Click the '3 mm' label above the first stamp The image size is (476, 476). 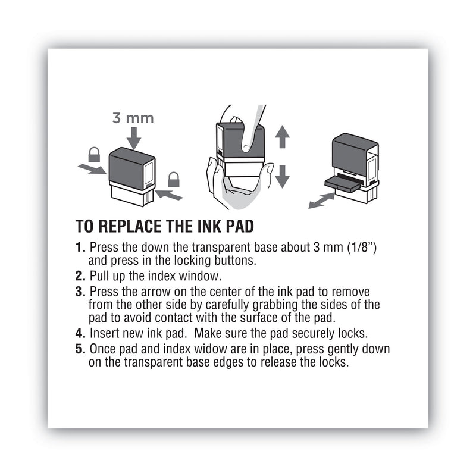pyautogui.click(x=133, y=117)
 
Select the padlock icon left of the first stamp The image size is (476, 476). pyautogui.click(x=94, y=155)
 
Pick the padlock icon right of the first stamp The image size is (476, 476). pyautogui.click(x=173, y=178)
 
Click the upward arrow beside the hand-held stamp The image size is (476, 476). pyautogui.click(x=283, y=137)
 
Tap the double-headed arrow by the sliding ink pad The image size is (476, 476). pyautogui.click(x=321, y=199)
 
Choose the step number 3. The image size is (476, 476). pyautogui.click(x=80, y=292)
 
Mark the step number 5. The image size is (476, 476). pyautogui.click(x=80, y=349)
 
